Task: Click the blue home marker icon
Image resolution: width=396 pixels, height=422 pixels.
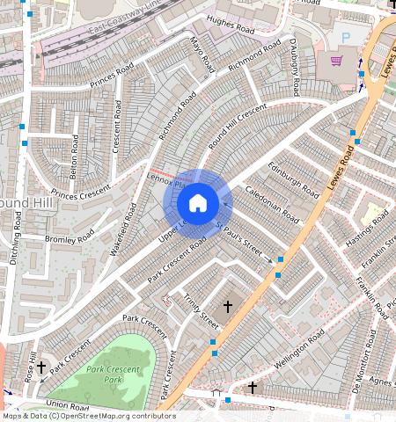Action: click(198, 203)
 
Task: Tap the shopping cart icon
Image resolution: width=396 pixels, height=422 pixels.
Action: click(335, 61)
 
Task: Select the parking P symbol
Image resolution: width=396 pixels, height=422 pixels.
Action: click(344, 38)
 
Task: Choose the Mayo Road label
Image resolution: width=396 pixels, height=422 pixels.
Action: click(202, 55)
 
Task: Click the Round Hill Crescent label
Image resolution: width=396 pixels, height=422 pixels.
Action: click(237, 128)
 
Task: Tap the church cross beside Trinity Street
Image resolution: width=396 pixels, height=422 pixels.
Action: click(228, 306)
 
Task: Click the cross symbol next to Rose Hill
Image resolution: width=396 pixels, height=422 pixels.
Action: click(41, 367)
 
